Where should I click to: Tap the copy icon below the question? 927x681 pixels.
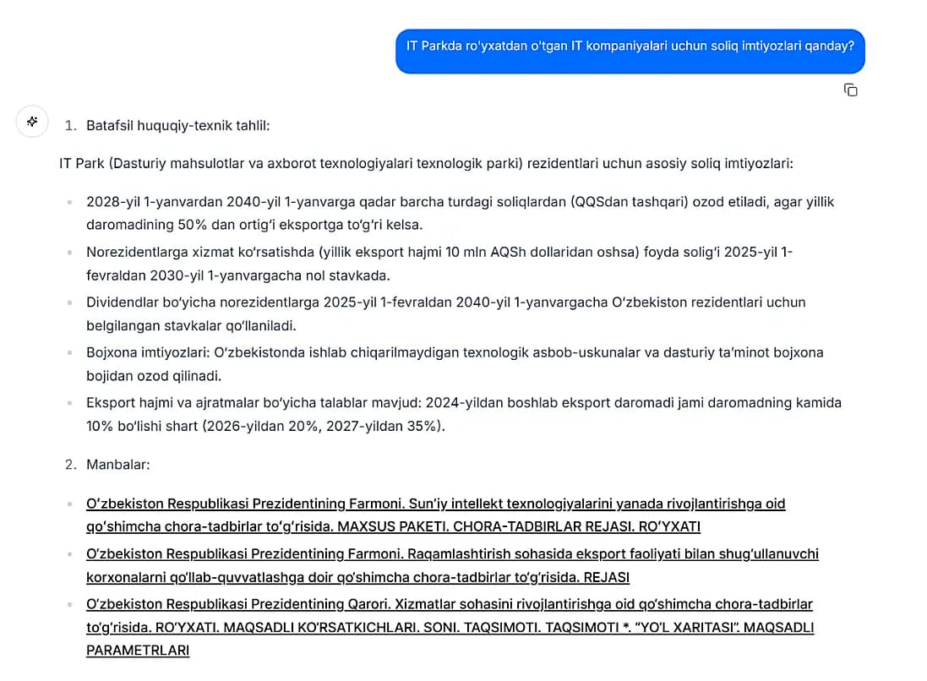(x=850, y=90)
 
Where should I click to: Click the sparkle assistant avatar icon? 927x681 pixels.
(x=32, y=122)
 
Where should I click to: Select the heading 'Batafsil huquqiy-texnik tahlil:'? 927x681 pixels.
(x=177, y=126)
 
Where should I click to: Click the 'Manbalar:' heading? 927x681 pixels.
(x=117, y=465)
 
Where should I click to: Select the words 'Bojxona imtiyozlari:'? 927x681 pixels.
(x=149, y=351)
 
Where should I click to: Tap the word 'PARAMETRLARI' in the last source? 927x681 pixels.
(x=138, y=651)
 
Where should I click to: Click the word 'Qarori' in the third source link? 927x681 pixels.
(x=369, y=604)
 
